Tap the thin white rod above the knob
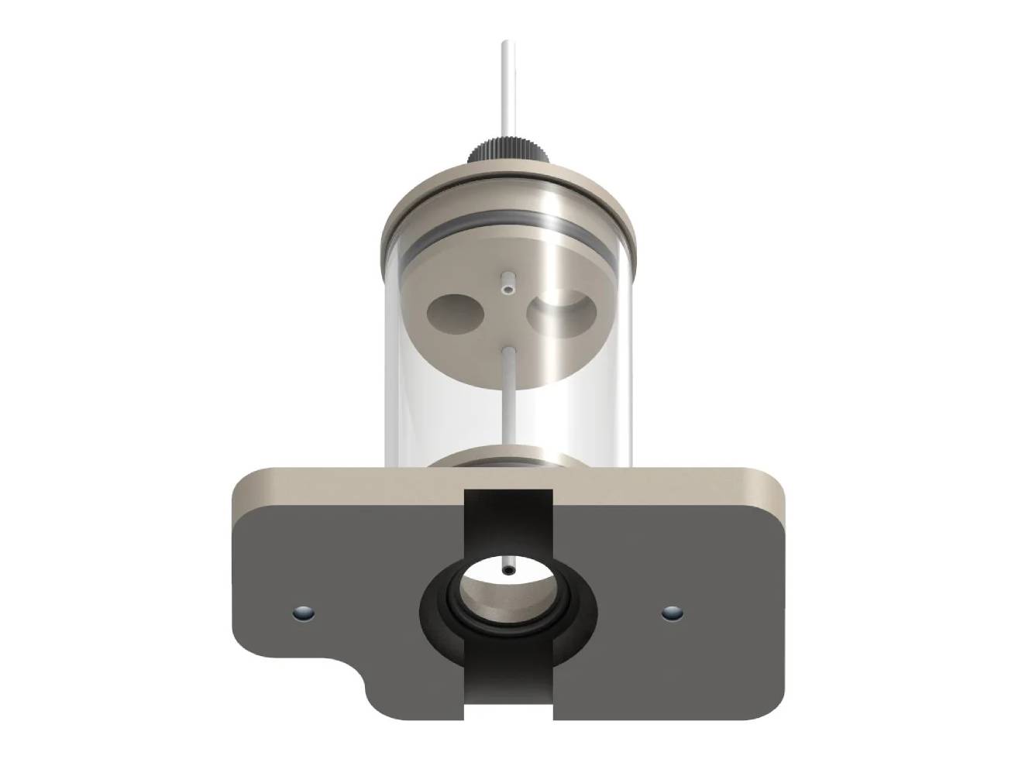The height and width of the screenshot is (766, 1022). pos(505,85)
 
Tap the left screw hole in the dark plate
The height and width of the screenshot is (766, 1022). pos(303,613)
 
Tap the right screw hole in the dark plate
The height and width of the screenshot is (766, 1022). pos(672,613)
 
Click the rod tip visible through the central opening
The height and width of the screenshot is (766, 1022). pos(508,571)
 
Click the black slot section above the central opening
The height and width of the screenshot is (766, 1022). pos(508,519)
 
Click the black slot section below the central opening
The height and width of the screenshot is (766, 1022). pos(508,682)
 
